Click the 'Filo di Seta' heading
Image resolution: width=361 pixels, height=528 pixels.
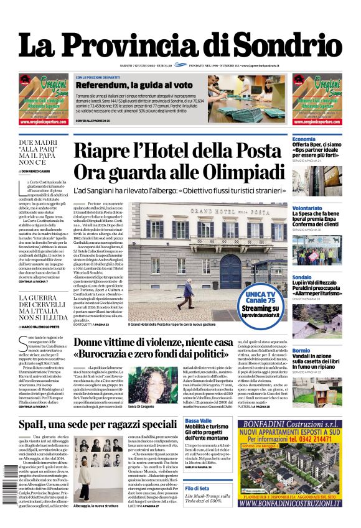[198, 488]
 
